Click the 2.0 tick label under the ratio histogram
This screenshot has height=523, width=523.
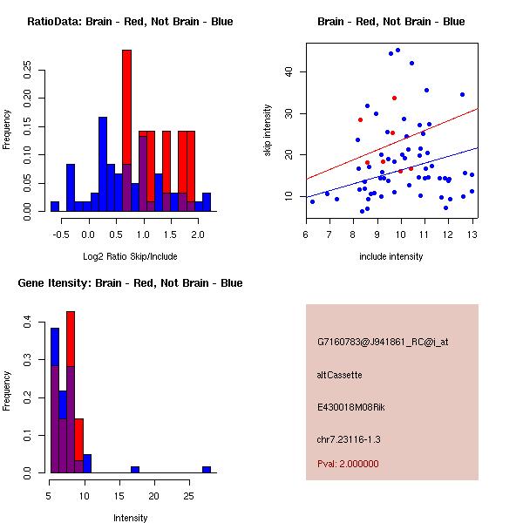click(197, 234)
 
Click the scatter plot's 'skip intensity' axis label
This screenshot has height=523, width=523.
click(268, 131)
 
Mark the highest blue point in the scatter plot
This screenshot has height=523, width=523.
click(397, 51)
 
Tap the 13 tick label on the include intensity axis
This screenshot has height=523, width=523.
click(472, 234)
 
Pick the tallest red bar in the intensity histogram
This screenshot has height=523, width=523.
click(71, 366)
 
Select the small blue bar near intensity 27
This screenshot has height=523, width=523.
click(207, 469)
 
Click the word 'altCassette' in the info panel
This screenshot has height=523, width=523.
click(339, 375)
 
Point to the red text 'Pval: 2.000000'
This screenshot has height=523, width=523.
click(348, 464)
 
